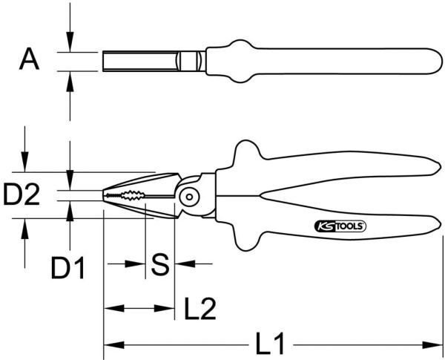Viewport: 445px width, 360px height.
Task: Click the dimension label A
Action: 29,59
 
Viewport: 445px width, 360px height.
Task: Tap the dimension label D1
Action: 67,267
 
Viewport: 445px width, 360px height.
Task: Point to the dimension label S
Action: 160,264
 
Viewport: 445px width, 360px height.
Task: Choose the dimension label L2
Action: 200,308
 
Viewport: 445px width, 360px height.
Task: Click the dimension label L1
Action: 270,344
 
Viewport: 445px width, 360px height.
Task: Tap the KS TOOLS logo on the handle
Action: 340,226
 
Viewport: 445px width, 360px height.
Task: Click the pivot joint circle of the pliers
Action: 189,197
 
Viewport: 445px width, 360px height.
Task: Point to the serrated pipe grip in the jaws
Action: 133,195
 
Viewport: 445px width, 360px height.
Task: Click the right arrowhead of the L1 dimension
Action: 432,345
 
